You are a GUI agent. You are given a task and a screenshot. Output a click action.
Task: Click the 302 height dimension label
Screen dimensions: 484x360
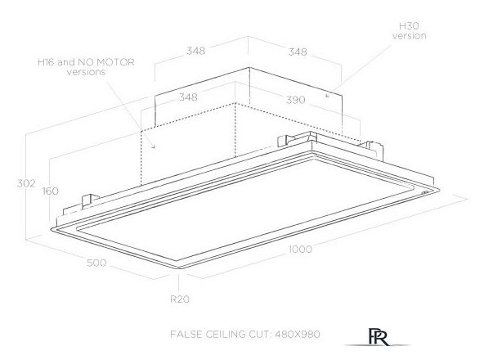tap(26, 183)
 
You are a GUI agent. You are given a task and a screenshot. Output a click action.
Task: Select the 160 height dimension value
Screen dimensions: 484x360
tap(51, 191)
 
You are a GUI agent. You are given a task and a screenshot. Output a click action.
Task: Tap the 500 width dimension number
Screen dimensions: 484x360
tap(96, 263)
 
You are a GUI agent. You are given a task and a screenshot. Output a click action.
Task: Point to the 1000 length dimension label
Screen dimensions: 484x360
tap(300, 249)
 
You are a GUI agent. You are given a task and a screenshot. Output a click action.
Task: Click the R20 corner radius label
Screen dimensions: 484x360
tap(180, 299)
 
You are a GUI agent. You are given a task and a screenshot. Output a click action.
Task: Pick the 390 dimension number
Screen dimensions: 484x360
tap(296, 100)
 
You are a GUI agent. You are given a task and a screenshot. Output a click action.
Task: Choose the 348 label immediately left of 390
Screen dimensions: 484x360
tap(188, 97)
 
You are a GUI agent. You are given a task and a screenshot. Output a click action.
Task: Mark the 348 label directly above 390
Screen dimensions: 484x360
tap(298, 52)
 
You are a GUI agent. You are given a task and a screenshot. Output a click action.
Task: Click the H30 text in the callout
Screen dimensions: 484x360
tap(409, 25)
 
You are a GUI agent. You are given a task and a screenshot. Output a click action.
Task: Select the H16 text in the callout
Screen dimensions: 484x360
tap(47, 62)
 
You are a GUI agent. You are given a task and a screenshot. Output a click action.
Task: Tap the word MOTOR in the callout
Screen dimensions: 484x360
tap(115, 62)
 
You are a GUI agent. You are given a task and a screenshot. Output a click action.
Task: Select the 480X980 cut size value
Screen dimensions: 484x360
tap(297, 334)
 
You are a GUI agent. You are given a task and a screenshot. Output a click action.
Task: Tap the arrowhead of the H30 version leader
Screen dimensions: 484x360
tap(327, 96)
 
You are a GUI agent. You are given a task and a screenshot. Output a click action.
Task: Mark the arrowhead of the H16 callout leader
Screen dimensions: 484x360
tap(154, 146)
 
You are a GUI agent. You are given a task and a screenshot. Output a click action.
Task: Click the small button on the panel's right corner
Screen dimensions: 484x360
tap(424, 192)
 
